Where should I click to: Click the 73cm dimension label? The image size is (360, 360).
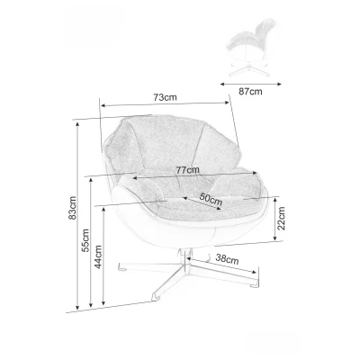165,97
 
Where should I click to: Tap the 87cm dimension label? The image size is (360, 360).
250,92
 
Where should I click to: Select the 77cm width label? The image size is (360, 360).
187,170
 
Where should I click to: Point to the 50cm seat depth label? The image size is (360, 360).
211,199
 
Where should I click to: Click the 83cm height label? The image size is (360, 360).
73,208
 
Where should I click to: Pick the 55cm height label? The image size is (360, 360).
85,240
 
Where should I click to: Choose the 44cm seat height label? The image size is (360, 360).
98,256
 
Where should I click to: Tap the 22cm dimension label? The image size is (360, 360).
281,218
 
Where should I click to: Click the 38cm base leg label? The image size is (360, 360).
227,258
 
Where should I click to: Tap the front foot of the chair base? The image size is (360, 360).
157,296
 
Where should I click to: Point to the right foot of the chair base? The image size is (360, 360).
253,283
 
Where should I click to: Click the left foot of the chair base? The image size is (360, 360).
121,266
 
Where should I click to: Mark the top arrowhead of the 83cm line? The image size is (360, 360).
77,124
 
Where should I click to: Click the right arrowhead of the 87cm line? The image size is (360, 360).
280,85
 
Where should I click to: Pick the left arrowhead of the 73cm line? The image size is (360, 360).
103,105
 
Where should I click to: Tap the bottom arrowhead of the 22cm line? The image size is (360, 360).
275,238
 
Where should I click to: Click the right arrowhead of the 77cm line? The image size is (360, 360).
255,173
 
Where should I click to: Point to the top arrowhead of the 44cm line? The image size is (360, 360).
103,209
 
